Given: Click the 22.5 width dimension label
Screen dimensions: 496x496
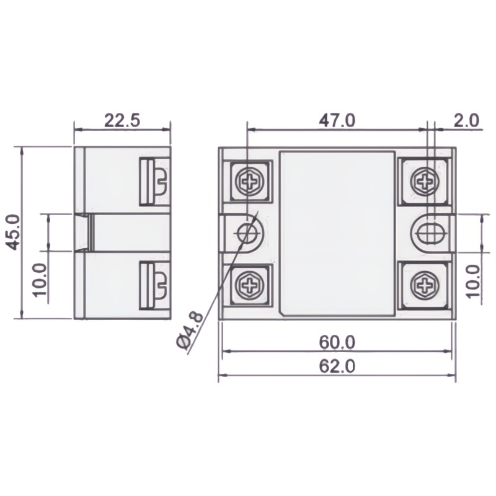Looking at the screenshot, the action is [x=122, y=120].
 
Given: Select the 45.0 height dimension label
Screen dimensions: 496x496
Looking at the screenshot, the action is [x=14, y=232].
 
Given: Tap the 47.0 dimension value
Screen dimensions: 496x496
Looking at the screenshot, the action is [x=337, y=120].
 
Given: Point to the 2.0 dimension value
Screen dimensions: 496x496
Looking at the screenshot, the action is [x=466, y=120].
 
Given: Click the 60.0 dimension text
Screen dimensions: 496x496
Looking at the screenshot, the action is [x=337, y=342].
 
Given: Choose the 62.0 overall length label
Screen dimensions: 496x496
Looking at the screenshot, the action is [x=337, y=366].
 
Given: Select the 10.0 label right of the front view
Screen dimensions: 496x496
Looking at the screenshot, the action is [x=472, y=281].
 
